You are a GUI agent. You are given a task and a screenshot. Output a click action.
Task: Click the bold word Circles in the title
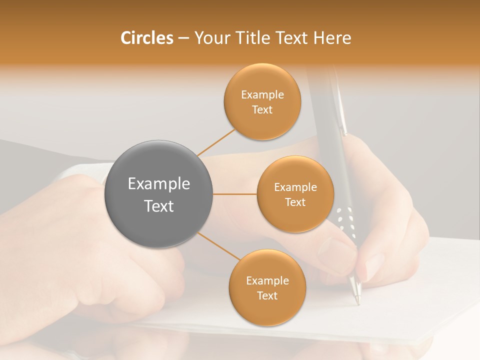pos(146,38)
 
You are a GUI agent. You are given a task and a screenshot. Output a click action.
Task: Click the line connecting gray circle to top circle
pos(216,142)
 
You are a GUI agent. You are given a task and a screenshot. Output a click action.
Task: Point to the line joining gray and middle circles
pos(235,194)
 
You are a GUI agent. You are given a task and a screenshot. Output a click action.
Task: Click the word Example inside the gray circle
pos(159,184)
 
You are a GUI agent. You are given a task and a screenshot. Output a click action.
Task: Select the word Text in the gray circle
pos(159,206)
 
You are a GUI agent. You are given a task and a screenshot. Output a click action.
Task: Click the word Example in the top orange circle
pos(262,95)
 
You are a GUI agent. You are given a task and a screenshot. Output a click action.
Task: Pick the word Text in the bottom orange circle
pos(267,296)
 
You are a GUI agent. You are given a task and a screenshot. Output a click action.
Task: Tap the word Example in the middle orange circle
pos(295,187)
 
